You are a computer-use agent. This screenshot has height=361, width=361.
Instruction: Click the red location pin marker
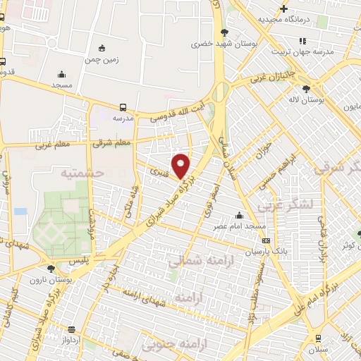pos(182,166)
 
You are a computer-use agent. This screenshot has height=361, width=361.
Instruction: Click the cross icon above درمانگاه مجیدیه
pos(283,9)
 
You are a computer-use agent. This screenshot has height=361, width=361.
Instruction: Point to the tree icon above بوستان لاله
pos(305,88)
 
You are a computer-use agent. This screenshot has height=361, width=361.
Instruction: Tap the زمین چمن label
pos(103,60)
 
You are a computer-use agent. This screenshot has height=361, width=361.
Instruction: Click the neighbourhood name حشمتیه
pos(82,172)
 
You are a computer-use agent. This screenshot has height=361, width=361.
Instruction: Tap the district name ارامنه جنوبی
pos(168,345)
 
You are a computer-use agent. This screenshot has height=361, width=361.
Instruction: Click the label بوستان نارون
pos(47,279)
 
